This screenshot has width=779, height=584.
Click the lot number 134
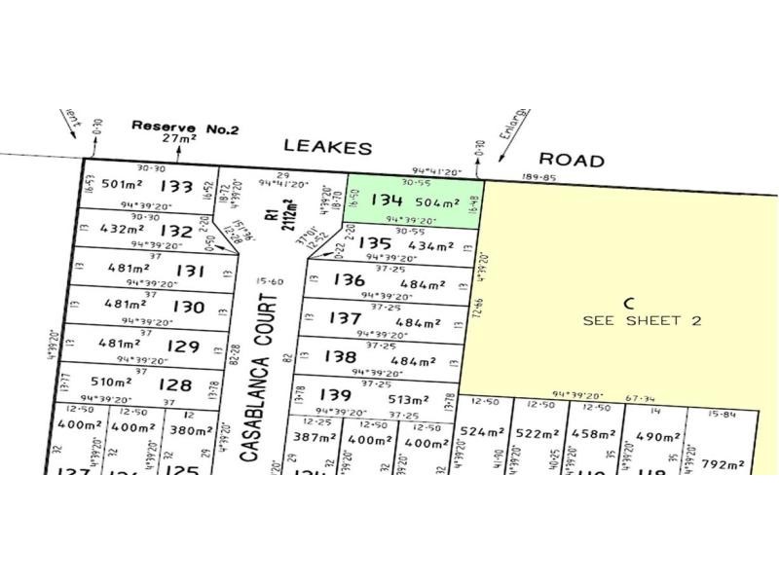tap(388, 201)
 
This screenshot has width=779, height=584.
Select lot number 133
tap(176, 186)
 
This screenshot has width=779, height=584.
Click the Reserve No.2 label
tap(177, 127)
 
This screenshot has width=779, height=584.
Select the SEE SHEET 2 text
tap(642, 320)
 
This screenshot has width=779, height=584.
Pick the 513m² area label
tap(409, 399)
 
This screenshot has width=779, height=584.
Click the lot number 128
tap(174, 384)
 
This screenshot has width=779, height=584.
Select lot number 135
tap(375, 242)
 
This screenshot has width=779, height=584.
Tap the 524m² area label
tap(483, 432)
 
